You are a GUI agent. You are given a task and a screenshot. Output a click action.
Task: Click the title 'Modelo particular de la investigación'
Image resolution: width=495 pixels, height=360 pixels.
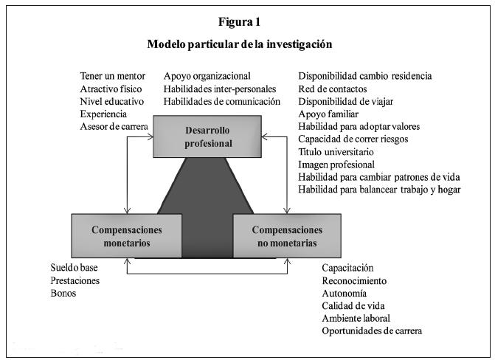(x=240, y=44)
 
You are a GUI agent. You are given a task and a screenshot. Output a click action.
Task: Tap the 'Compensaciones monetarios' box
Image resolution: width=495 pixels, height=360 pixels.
(x=127, y=235)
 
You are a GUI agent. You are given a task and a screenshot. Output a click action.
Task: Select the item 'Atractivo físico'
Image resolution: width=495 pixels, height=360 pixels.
(x=111, y=89)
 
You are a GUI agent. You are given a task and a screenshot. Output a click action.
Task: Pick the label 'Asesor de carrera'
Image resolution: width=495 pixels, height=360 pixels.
(x=114, y=127)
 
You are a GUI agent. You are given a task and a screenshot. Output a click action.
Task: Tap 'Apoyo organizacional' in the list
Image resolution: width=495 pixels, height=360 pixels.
(x=207, y=76)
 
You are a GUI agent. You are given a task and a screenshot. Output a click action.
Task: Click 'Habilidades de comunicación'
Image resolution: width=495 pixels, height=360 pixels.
(x=222, y=102)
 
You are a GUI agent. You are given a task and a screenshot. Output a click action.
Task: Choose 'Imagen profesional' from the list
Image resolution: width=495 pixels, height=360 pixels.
(x=336, y=165)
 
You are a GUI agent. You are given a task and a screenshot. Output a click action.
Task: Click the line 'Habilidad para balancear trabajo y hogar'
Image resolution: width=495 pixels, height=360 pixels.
(x=379, y=190)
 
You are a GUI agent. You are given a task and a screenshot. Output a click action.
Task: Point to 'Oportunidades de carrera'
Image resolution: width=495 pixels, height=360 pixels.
(x=373, y=330)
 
